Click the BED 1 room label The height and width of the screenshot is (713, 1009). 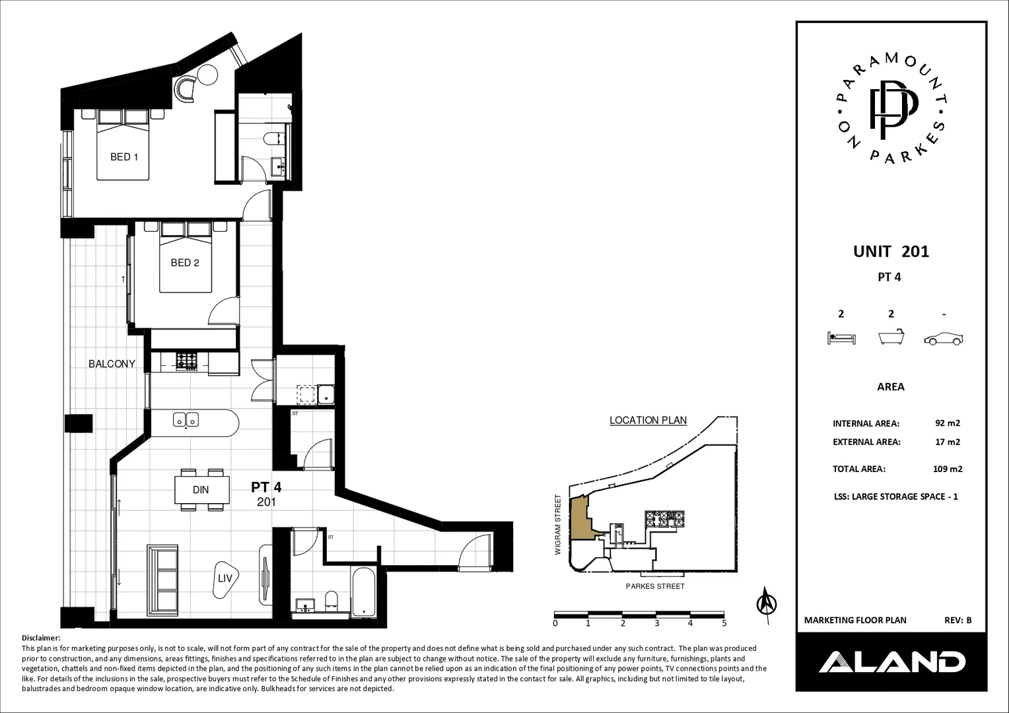pyautogui.click(x=124, y=157)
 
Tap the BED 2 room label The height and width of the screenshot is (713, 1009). pyautogui.click(x=185, y=263)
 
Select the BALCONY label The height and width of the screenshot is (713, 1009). pyautogui.click(x=112, y=364)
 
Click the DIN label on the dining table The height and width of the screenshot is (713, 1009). pyautogui.click(x=201, y=490)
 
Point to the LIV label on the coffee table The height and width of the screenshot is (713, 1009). pyautogui.click(x=225, y=578)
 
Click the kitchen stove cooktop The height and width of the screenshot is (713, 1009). pyautogui.click(x=186, y=361)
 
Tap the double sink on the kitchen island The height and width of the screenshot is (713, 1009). pyautogui.click(x=186, y=419)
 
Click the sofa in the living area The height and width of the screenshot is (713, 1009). pyautogui.click(x=162, y=579)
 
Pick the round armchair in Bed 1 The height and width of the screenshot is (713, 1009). pyautogui.click(x=186, y=88)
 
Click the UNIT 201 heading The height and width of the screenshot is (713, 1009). pyautogui.click(x=891, y=252)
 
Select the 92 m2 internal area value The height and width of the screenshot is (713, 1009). pyautogui.click(x=947, y=424)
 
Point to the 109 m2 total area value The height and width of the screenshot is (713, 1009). pyautogui.click(x=948, y=469)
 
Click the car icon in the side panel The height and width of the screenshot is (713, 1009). pyautogui.click(x=944, y=339)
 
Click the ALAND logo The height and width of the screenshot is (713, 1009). pyautogui.click(x=891, y=662)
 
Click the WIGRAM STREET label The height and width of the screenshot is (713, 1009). pyautogui.click(x=558, y=525)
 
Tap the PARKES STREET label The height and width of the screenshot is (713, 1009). pyautogui.click(x=655, y=586)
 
